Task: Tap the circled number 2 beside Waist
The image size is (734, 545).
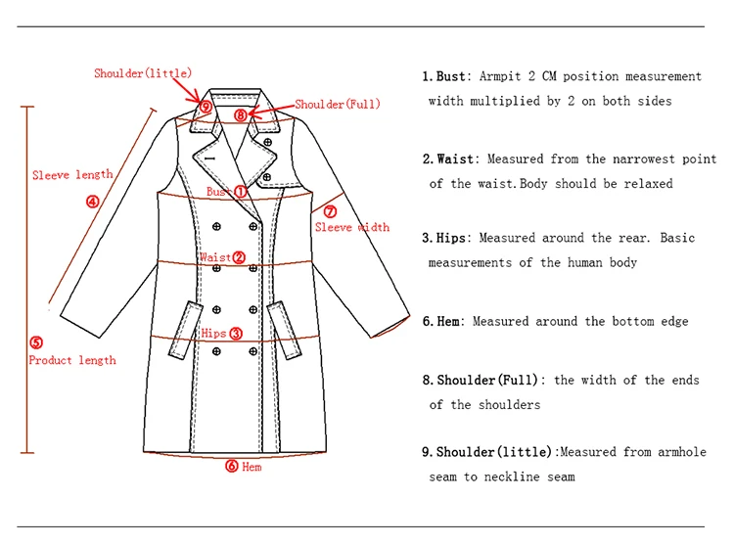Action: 239,258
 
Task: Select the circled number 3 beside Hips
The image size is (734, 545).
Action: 235,334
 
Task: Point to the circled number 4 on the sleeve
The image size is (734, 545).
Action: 92,203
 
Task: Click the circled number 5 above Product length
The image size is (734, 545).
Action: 36,342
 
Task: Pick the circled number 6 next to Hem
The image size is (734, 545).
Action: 232,467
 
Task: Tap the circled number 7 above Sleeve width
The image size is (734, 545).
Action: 330,211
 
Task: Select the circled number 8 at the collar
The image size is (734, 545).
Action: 241,114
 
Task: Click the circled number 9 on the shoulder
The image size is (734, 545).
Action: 206,107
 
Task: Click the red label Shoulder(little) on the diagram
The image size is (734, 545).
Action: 143,73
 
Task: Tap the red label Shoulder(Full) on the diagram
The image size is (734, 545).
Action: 338,105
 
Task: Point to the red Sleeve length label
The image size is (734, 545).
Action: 72,175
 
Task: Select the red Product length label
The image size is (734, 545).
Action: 72,360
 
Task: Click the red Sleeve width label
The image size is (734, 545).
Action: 352,228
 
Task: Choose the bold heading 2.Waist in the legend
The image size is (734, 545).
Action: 449,159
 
